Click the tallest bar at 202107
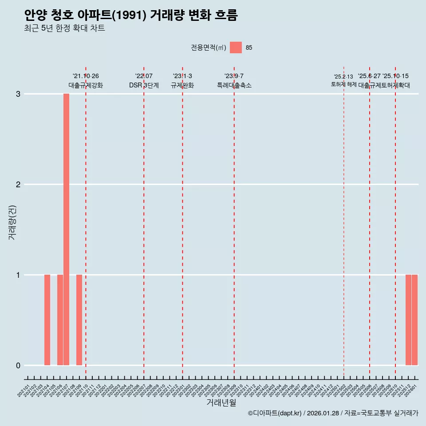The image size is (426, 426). click(x=66, y=229)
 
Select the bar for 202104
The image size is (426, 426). click(x=47, y=320)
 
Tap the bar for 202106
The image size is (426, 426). click(x=60, y=320)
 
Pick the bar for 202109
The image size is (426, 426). click(x=79, y=320)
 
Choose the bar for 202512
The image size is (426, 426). click(x=408, y=320)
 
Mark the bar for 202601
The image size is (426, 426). click(x=414, y=320)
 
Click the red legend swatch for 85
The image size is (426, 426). click(x=236, y=47)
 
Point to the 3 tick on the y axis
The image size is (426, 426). click(x=18, y=94)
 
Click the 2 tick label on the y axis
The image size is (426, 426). click(x=18, y=185)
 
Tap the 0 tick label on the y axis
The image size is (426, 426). click(x=18, y=366)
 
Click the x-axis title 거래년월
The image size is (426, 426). click(x=221, y=402)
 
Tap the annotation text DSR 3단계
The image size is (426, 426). click(x=144, y=85)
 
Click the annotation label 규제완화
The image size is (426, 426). click(x=182, y=85)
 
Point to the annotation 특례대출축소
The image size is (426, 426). click(x=234, y=85)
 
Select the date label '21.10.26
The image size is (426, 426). click(x=86, y=76)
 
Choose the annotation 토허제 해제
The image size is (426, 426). click(x=343, y=84)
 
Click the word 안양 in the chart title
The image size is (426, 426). click(x=33, y=16)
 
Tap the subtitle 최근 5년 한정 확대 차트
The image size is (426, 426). click(x=64, y=28)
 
